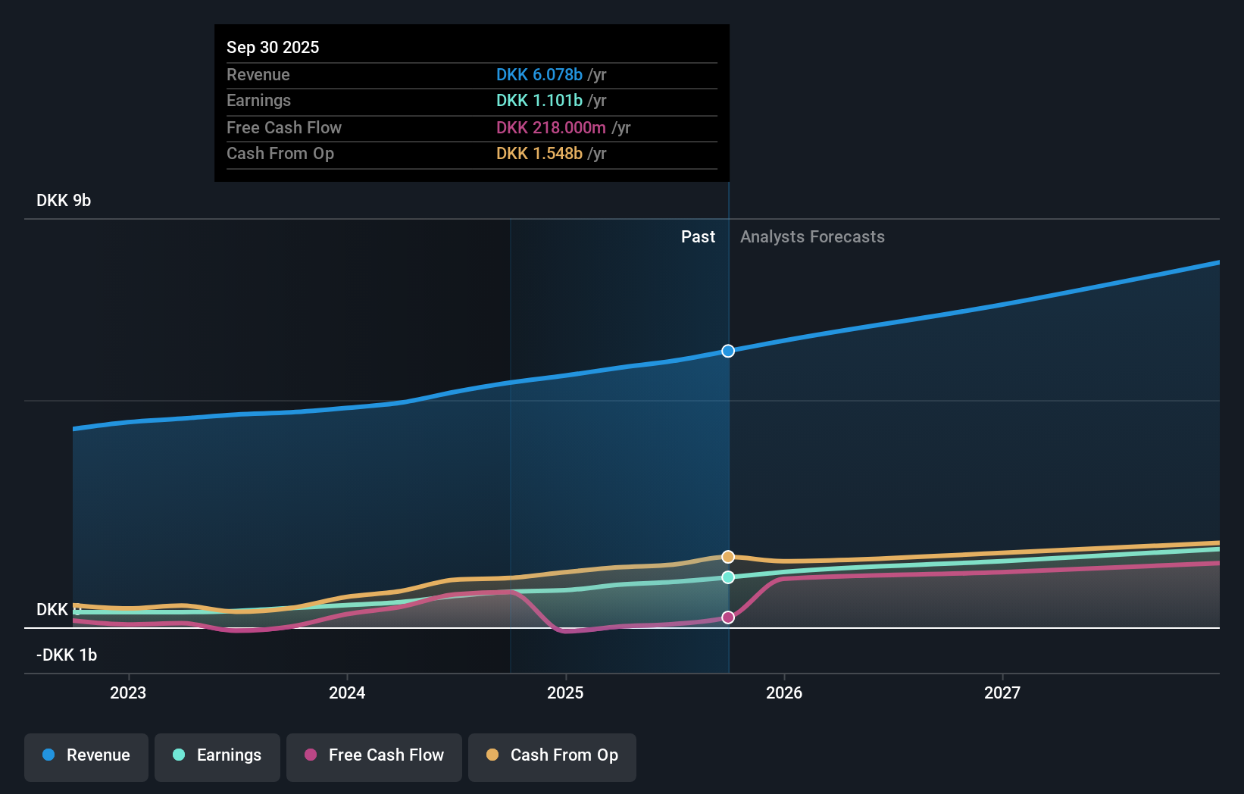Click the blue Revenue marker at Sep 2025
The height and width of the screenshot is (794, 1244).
[728, 351]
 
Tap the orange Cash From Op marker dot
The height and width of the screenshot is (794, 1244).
[728, 557]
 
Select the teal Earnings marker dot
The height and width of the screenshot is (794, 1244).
[728, 577]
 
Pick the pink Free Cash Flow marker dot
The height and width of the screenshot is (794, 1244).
[728, 617]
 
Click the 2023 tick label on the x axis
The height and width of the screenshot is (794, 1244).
[128, 692]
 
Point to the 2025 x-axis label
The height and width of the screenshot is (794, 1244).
[565, 692]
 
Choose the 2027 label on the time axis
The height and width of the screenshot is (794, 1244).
[1002, 692]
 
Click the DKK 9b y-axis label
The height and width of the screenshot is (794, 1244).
[64, 201]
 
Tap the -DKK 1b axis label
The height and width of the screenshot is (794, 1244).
[67, 655]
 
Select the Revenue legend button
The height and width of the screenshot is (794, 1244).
[86, 755]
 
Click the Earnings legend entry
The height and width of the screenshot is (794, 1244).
[217, 755]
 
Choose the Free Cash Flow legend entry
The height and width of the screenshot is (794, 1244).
[374, 755]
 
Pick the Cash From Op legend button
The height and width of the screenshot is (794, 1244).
[552, 755]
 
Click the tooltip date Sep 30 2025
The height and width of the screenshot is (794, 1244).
[273, 47]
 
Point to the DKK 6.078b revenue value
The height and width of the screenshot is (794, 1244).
[539, 74]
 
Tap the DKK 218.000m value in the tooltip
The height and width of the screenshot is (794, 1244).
[551, 127]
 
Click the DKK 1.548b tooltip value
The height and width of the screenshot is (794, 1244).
[539, 153]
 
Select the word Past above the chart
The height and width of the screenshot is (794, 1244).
[698, 237]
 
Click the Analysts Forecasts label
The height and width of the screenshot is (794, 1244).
[812, 237]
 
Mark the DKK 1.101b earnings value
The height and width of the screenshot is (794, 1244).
[539, 101]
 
